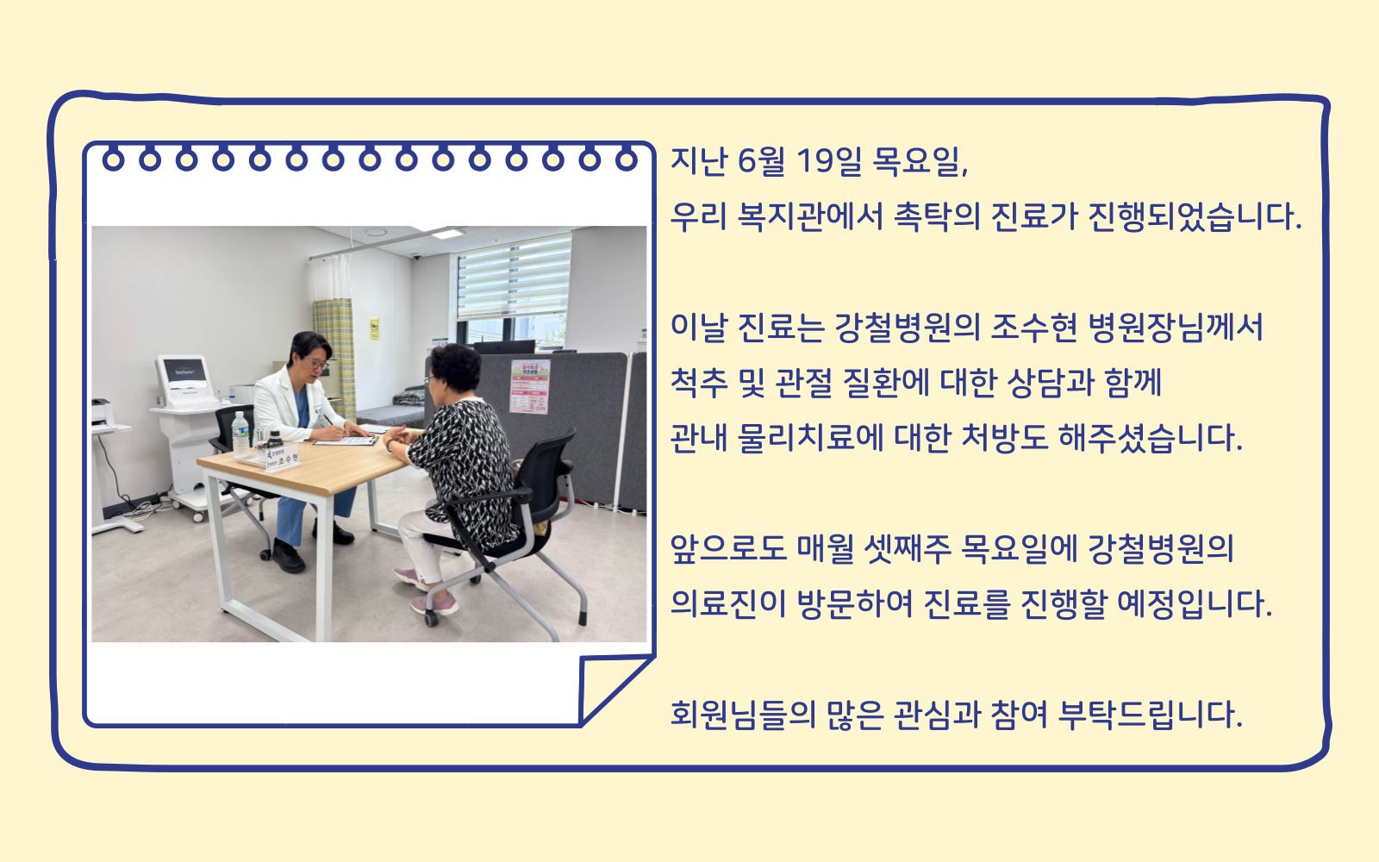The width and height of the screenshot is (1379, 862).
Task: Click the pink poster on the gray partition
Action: click(529, 386)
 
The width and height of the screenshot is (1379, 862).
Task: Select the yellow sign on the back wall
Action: click(374, 328)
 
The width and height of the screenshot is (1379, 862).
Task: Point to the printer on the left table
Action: click(103, 413)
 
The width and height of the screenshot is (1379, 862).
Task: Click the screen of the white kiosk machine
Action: click(184, 372)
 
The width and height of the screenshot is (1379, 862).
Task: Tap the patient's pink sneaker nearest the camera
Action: click(434, 604)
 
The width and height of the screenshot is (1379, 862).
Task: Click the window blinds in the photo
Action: click(515, 278)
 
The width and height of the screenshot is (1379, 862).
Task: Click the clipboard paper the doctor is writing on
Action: click(346, 440)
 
